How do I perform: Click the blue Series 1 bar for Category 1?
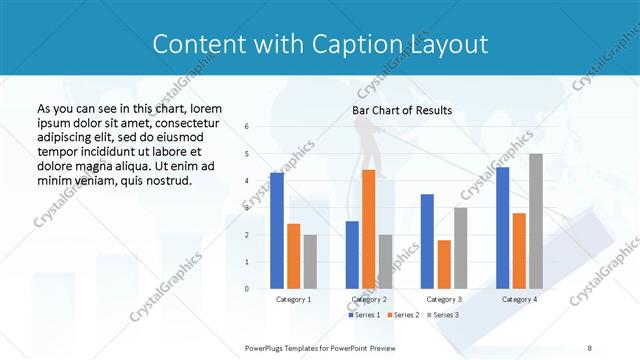tap(277, 231)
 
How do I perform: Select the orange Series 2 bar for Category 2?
tap(368, 229)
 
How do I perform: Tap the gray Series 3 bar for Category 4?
tap(536, 221)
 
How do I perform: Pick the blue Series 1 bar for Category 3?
tap(427, 241)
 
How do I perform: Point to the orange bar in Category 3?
tap(444, 264)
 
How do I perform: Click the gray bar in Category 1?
tap(310, 262)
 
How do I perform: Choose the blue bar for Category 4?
tap(502, 228)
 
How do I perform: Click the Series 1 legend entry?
tap(364, 315)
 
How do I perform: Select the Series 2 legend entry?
tap(404, 315)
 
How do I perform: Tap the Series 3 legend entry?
tap(444, 315)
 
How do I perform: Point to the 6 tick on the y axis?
tap(247, 127)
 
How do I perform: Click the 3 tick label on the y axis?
tap(247, 208)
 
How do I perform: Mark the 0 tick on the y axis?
tap(247, 289)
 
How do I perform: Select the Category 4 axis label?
tap(519, 299)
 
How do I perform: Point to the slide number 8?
tap(590, 346)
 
